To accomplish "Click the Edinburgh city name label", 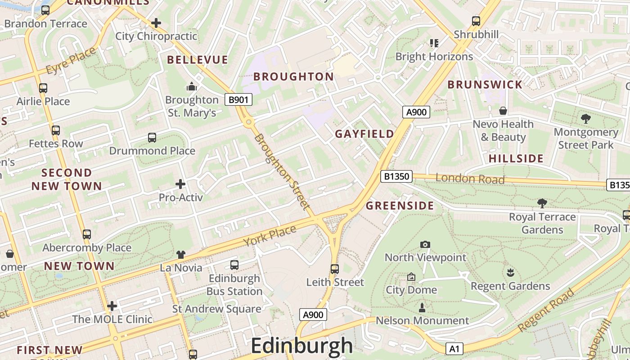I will click(x=301, y=346).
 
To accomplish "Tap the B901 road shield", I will click(x=238, y=99).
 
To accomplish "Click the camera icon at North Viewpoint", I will click(x=425, y=244).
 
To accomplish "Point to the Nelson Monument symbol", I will click(x=422, y=308).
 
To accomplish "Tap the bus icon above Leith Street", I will click(x=334, y=269).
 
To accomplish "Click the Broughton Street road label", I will click(x=282, y=172).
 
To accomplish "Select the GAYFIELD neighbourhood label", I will click(x=364, y=134).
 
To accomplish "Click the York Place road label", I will click(x=270, y=235).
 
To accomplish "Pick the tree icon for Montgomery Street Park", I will click(x=585, y=119).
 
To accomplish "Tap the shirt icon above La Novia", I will click(x=181, y=255).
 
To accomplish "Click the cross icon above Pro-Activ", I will click(x=180, y=184).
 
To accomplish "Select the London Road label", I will click(x=470, y=179).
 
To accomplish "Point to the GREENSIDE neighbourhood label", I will click(x=400, y=206).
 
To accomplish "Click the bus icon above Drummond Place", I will click(x=152, y=138).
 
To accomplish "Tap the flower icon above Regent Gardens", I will click(x=510, y=273).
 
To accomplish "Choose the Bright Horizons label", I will click(x=434, y=57).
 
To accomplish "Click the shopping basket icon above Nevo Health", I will click(x=503, y=111).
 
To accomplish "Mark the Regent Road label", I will click(x=546, y=310).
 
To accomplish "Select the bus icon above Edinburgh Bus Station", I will click(x=234, y=265).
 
